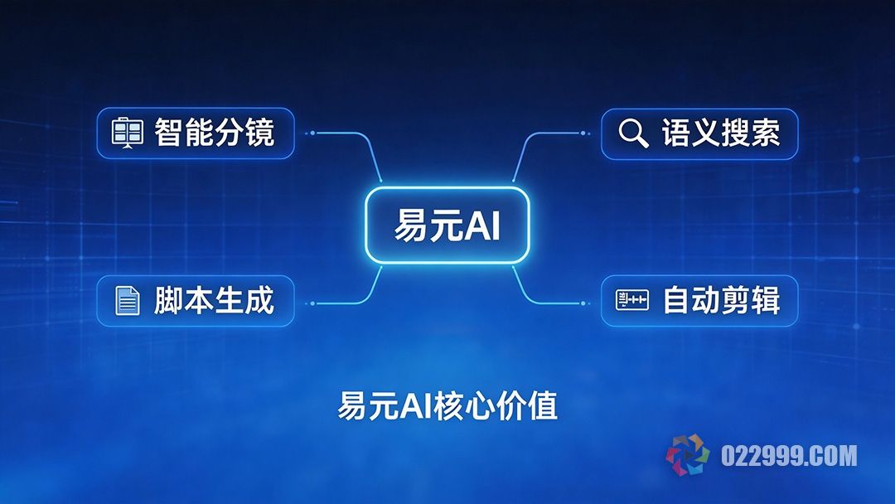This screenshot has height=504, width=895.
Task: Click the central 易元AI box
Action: pyautogui.click(x=447, y=225)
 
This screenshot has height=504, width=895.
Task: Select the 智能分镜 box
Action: pyautogui.click(x=196, y=133)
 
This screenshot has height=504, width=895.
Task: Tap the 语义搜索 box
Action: pyautogui.click(x=699, y=133)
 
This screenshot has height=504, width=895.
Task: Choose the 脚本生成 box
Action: pyautogui.click(x=196, y=300)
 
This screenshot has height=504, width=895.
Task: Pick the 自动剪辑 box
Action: pyautogui.click(x=699, y=300)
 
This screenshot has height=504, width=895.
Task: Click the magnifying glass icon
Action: pyautogui.click(x=634, y=133)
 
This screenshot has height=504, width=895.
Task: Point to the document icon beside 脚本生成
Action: pyautogui.click(x=128, y=300)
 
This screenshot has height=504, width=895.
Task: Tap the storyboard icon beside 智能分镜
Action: pyautogui.click(x=128, y=133)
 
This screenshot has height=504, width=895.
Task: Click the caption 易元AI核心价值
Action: pyautogui.click(x=447, y=406)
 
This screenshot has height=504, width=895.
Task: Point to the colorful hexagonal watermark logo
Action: pyautogui.click(x=688, y=456)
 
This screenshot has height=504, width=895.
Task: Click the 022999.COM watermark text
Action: pyautogui.click(x=788, y=456)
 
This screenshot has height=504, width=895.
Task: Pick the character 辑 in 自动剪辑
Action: pyautogui.click(x=765, y=300)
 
